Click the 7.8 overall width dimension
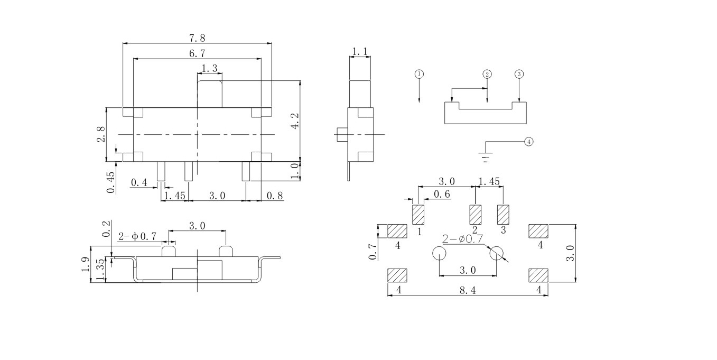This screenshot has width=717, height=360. coord(197,38)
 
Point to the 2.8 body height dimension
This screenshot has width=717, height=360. coord(101,134)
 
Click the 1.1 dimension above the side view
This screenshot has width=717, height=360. coord(359,51)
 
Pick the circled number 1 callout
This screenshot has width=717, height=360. coord(419,74)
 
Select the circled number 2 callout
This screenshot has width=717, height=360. coord(487,74)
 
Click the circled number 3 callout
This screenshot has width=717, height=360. coord(519,74)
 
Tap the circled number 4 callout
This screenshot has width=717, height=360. coord(529,142)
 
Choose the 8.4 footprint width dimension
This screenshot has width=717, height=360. coord(468,290)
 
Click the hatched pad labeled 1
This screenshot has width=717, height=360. coord(418,215)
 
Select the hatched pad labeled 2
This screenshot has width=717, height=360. coord(476,215)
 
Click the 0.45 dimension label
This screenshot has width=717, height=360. coord(110,183)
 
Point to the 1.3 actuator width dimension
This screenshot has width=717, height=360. coord(210,68)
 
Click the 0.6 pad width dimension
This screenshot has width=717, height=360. coord(442,195)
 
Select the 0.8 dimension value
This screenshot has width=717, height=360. coord(275,196)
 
